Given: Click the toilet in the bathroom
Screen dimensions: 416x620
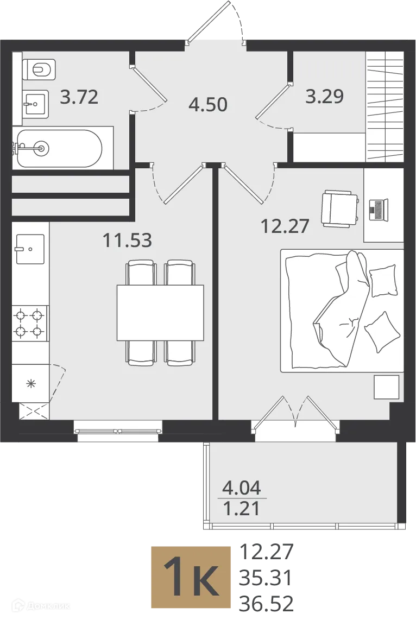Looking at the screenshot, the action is (39, 69).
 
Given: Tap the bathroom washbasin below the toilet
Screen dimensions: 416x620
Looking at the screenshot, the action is (36, 104).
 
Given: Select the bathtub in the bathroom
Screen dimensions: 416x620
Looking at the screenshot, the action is (59, 148).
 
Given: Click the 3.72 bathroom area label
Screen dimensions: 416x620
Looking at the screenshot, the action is (79, 97).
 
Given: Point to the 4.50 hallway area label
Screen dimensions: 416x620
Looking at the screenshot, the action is (208, 105).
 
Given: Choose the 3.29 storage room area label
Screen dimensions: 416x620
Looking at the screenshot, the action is (325, 96).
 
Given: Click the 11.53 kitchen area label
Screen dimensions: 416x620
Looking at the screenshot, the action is (127, 240).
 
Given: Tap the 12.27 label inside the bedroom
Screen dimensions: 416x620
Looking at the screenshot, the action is (285, 226).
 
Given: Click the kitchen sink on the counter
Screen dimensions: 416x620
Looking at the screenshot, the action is (30, 249).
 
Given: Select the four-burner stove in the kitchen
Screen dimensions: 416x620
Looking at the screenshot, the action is (30, 323).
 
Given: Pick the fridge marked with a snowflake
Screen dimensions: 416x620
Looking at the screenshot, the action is (30, 383).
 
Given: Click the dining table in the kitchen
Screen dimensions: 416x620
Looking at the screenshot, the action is (160, 313).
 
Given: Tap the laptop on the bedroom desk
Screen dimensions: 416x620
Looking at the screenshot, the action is (378, 210).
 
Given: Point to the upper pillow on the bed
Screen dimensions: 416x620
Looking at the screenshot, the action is (383, 281).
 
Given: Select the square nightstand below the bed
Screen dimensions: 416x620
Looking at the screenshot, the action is (387, 387).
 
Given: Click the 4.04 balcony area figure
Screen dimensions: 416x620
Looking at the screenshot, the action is (242, 488).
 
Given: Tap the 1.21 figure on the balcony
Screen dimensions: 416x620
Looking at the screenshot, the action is (242, 508).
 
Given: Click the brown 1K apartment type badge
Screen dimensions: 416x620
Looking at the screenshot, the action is (191, 577).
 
